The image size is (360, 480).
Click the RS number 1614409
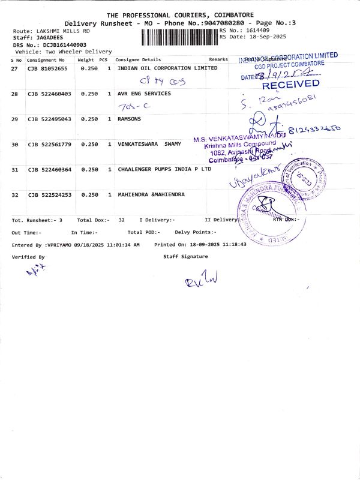256,30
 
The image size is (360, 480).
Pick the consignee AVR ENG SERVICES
144,94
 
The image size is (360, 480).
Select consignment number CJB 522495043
49,119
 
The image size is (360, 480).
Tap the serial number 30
15,144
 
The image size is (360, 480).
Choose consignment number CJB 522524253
49,194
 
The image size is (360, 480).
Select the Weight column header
85,60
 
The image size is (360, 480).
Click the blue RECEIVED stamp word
290,85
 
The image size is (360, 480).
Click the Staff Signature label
185,256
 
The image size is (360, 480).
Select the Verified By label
28,256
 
